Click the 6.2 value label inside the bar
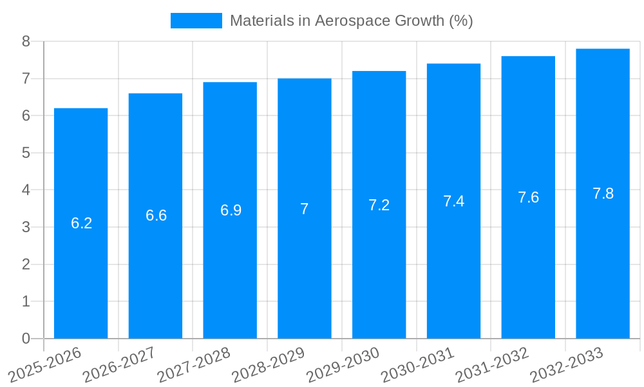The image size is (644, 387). [81, 223]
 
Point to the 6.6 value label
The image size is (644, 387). [156, 215]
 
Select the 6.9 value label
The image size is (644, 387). [231, 210]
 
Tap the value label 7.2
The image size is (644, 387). [379, 205]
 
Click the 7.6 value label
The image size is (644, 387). [528, 197]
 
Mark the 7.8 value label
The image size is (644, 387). [603, 193]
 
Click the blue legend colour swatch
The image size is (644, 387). [196, 21]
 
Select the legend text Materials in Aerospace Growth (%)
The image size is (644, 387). [351, 21]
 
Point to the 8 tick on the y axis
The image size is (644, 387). [26, 41]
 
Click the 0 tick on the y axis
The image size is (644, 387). [26, 339]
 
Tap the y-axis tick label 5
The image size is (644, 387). [26, 153]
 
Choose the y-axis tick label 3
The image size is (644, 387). [26, 227]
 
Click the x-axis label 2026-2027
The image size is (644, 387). [119, 364]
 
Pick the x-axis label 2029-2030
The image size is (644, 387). [343, 364]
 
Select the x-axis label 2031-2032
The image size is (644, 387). [492, 364]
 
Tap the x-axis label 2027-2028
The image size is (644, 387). [194, 364]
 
